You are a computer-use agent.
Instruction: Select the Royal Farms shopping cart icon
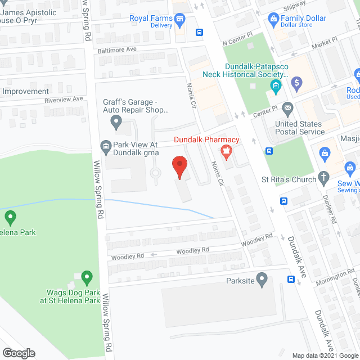coord(180,21)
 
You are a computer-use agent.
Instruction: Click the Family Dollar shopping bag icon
coord(273,19)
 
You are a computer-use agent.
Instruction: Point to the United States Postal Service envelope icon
coord(288,107)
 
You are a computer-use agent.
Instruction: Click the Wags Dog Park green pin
coord(87,277)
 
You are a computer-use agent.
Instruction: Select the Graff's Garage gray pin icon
coord(116,120)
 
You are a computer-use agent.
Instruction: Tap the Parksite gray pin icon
coord(262,279)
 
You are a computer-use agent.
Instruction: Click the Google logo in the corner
coord(19,353)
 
